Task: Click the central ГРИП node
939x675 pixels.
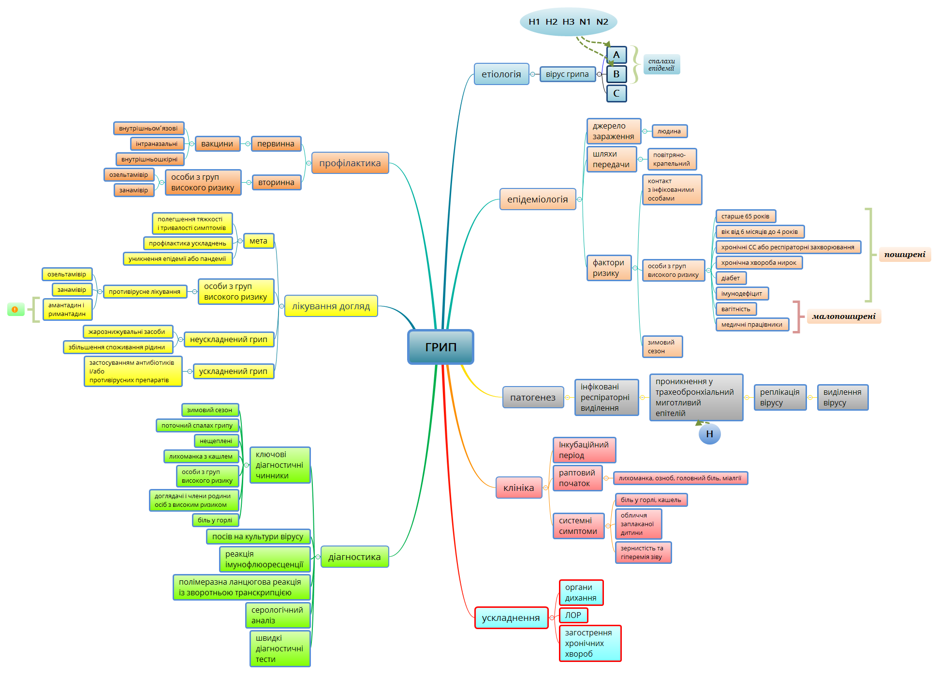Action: click(440, 347)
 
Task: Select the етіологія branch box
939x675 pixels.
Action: click(501, 74)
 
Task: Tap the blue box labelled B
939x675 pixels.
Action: click(616, 74)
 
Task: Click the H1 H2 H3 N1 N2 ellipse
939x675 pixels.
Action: click(568, 22)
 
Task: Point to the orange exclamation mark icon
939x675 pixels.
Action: click(15, 309)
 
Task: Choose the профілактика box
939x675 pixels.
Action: click(350, 163)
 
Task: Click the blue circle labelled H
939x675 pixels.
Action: click(709, 434)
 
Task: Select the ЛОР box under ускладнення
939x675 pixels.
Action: click(573, 615)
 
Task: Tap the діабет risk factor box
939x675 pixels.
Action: click(731, 278)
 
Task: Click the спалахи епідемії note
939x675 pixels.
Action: click(661, 64)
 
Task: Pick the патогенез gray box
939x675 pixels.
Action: click(532, 397)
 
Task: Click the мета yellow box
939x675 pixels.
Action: click(258, 241)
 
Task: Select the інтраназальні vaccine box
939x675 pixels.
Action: click(156, 144)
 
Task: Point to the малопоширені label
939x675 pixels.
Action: click(844, 316)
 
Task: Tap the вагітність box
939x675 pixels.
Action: click(735, 309)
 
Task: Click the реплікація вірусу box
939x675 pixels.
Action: click(779, 397)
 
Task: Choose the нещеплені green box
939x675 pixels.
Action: click(216, 441)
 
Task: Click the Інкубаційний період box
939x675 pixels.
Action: click(584, 450)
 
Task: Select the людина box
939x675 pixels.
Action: click(669, 131)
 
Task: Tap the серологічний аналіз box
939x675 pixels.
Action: click(277, 615)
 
